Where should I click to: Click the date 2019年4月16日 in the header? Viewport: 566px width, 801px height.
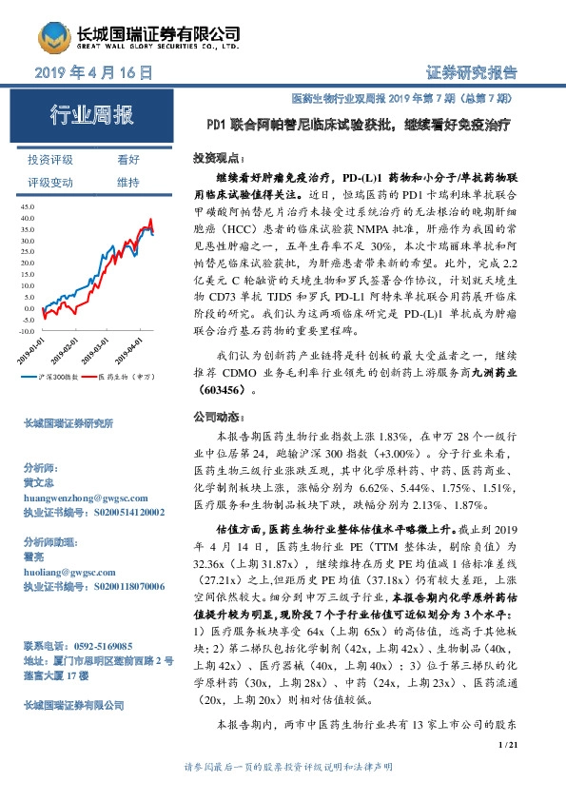[x=93, y=73]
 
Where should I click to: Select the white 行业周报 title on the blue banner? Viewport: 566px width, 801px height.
[x=91, y=117]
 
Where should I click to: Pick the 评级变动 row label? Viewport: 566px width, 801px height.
[x=50, y=182]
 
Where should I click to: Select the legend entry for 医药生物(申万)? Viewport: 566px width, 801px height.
[x=127, y=377]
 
